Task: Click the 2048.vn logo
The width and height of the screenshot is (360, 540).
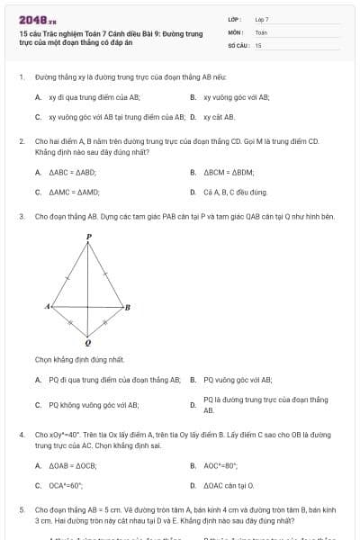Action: pos(31,19)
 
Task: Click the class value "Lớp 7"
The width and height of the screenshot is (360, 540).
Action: pos(262,18)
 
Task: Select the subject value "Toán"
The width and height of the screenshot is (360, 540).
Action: pos(261,31)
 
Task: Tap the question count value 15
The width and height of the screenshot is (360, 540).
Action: pos(258,44)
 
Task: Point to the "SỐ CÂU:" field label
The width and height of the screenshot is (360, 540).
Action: pos(238,44)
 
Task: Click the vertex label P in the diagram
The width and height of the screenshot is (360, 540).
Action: pos(88,237)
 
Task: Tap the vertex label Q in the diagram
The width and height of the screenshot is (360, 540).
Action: pos(87,343)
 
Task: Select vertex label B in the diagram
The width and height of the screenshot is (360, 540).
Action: pos(128,308)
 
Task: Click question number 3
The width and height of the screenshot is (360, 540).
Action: pos(21,217)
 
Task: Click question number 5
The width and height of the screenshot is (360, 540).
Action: pos(21,509)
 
